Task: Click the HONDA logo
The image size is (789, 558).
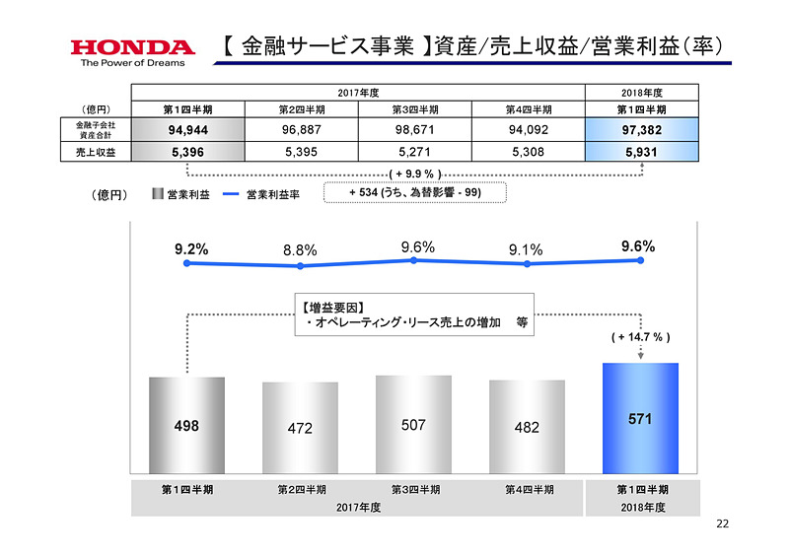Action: [132, 46]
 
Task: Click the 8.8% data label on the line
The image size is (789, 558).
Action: [300, 250]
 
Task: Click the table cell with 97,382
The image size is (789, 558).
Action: [643, 130]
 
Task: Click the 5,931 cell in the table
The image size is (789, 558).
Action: [643, 153]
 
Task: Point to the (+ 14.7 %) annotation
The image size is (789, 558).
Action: [641, 337]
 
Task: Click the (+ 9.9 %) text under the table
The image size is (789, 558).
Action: [414, 174]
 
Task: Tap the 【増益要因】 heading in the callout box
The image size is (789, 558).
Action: [334, 306]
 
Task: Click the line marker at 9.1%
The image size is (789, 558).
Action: [527, 264]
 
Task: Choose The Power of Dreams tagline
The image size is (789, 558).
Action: [118, 64]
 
